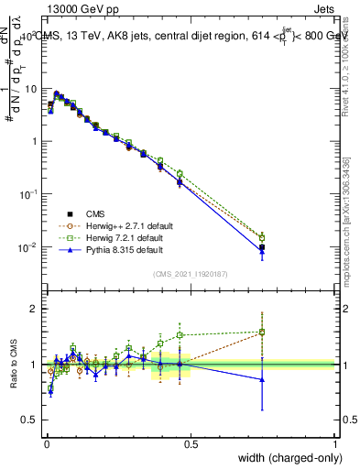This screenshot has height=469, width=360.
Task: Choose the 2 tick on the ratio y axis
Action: [x=32, y=309]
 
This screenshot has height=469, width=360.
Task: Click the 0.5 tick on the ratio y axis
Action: [x=27, y=420]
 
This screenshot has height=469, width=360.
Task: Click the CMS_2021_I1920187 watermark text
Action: [x=190, y=274]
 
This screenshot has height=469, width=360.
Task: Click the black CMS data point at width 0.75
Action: [x=262, y=247]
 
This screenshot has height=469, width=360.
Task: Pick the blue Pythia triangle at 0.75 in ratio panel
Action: [x=262, y=379]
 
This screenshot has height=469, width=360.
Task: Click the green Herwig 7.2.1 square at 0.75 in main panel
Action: [x=262, y=238]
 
